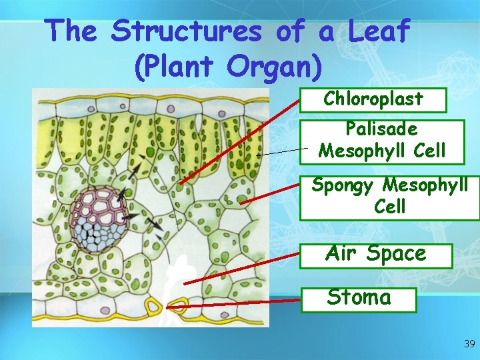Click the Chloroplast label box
pyautogui.click(x=373, y=99)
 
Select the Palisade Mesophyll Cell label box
pyautogui.click(x=381, y=141)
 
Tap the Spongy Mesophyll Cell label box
pyautogui.click(x=389, y=195)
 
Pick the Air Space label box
pyautogui.click(x=375, y=254)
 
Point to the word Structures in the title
pyautogui.click(x=185, y=31)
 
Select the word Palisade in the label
pyautogui.click(x=381, y=129)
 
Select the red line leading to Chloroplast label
pyautogui.click(x=240, y=140)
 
